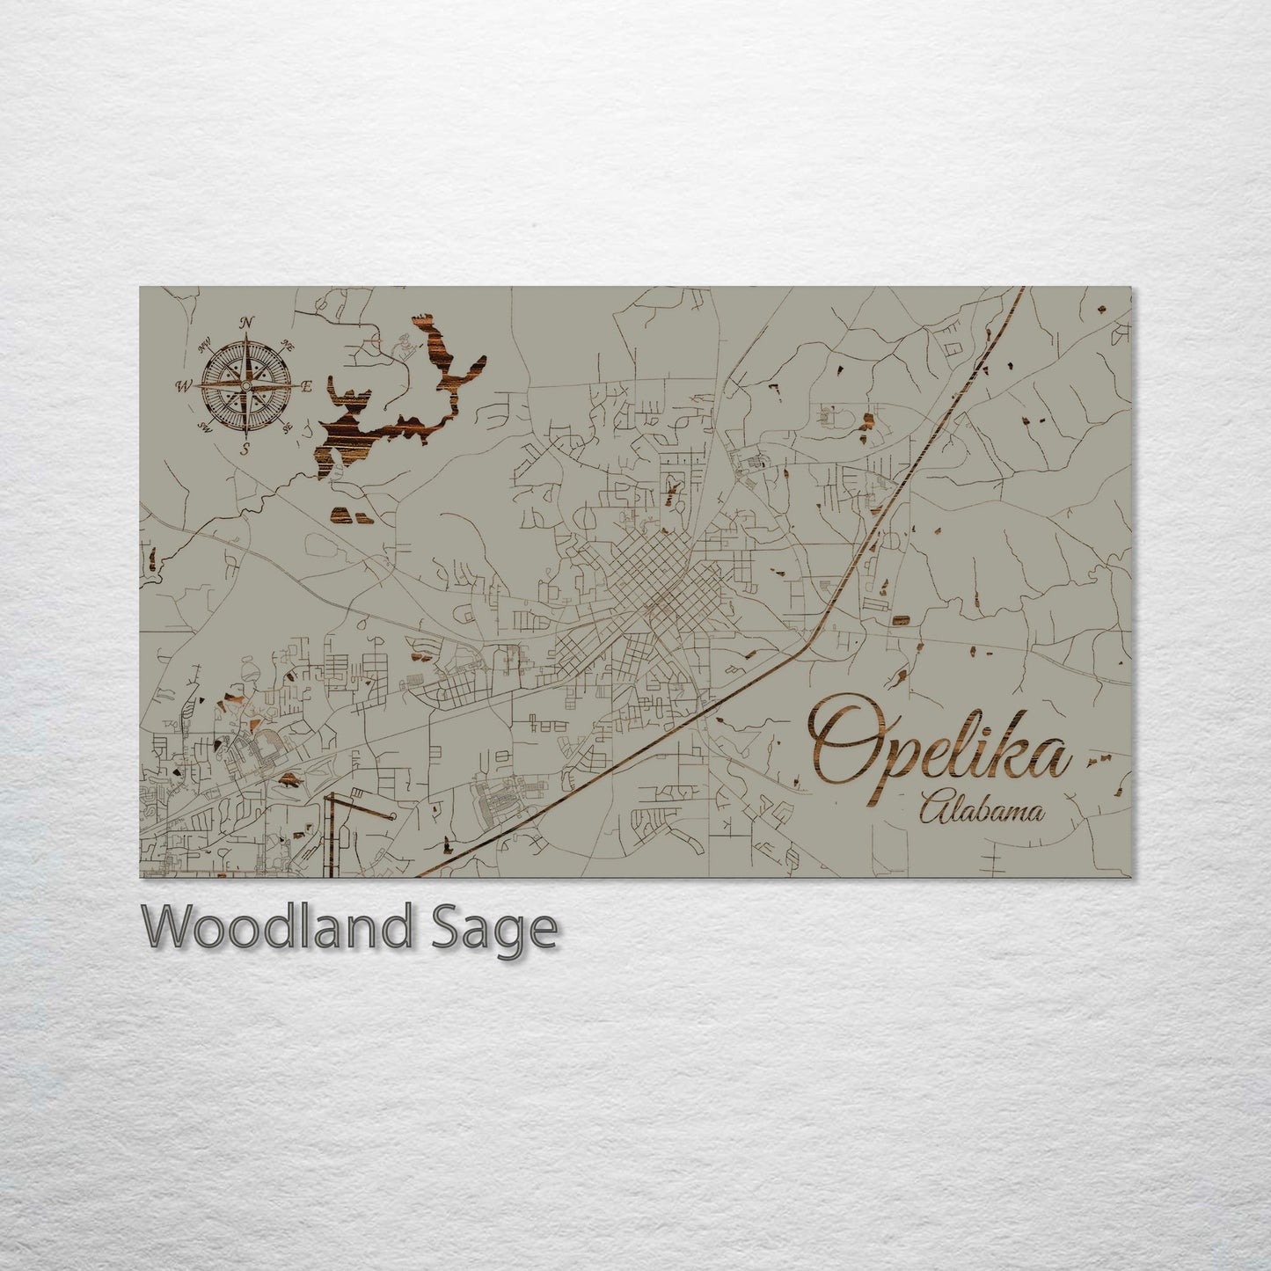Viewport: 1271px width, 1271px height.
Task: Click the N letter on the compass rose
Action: [x=247, y=322]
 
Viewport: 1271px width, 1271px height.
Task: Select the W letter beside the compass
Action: [x=185, y=385]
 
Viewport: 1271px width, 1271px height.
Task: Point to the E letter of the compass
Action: [x=307, y=386]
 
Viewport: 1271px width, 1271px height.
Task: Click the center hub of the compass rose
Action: [x=246, y=385]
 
